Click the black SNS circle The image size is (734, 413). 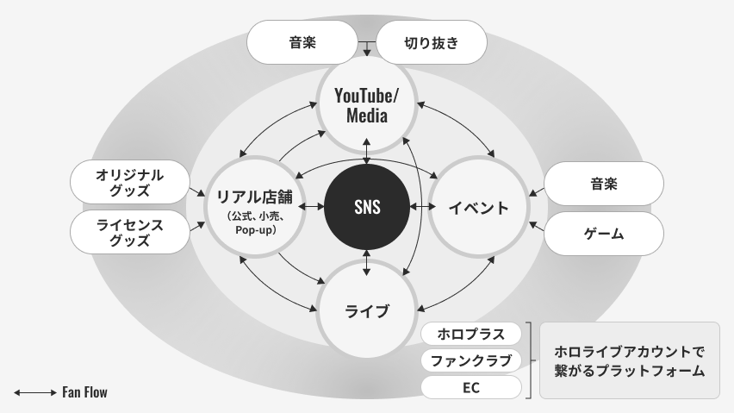click(x=367, y=207)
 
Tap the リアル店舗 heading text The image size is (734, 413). click(x=255, y=197)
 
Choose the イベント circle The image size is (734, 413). click(x=479, y=207)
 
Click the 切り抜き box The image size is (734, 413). click(x=432, y=41)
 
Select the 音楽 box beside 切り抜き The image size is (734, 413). click(x=302, y=41)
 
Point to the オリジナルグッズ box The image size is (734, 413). click(x=130, y=183)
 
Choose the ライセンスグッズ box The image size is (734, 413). click(x=130, y=233)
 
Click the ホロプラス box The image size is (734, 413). click(x=470, y=334)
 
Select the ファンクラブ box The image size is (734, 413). click(x=470, y=360)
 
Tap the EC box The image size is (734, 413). click(x=470, y=387)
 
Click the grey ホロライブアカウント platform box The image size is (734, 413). click(x=629, y=360)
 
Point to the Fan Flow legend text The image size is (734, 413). click(x=84, y=393)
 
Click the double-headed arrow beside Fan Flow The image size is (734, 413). click(x=35, y=393)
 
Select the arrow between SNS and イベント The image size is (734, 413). click(x=422, y=207)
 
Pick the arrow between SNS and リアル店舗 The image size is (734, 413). click(x=311, y=207)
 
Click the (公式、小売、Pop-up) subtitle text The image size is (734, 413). click(x=255, y=222)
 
